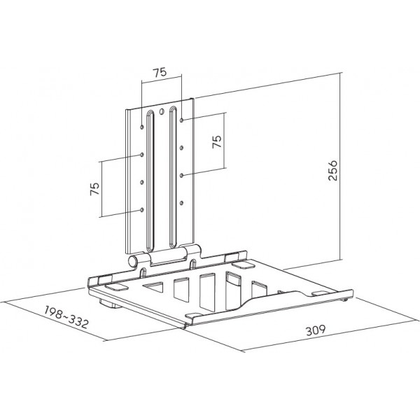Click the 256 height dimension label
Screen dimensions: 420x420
click(332, 171)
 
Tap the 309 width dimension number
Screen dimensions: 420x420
click(316, 330)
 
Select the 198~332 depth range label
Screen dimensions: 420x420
click(66, 317)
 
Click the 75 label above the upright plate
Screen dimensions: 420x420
click(160, 72)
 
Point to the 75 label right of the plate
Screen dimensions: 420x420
click(217, 141)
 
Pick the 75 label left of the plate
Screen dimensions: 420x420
click(94, 188)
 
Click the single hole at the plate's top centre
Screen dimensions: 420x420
click(161, 111)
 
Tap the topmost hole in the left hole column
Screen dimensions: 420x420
click(141, 127)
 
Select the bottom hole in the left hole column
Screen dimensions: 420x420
click(141, 210)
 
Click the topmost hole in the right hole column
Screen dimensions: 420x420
click(181, 120)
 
